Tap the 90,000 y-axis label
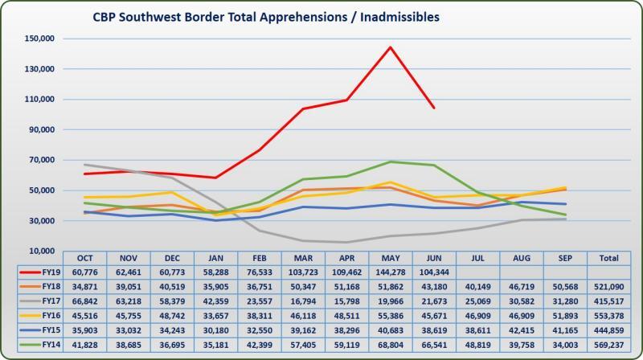39,129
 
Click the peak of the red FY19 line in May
390,47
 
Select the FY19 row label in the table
47,272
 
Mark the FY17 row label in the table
47,301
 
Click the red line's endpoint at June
434,108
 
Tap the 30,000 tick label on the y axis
39,221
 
